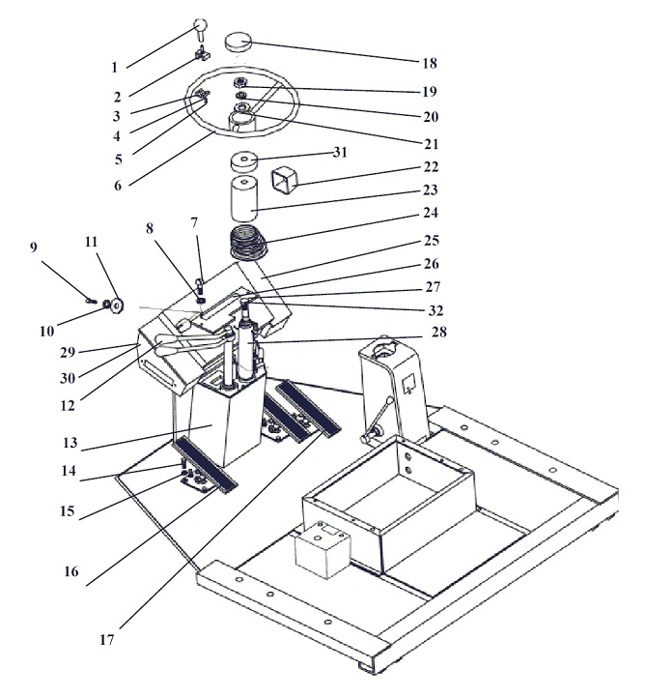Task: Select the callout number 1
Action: pyautogui.click(x=115, y=68)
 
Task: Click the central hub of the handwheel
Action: pyautogui.click(x=243, y=120)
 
